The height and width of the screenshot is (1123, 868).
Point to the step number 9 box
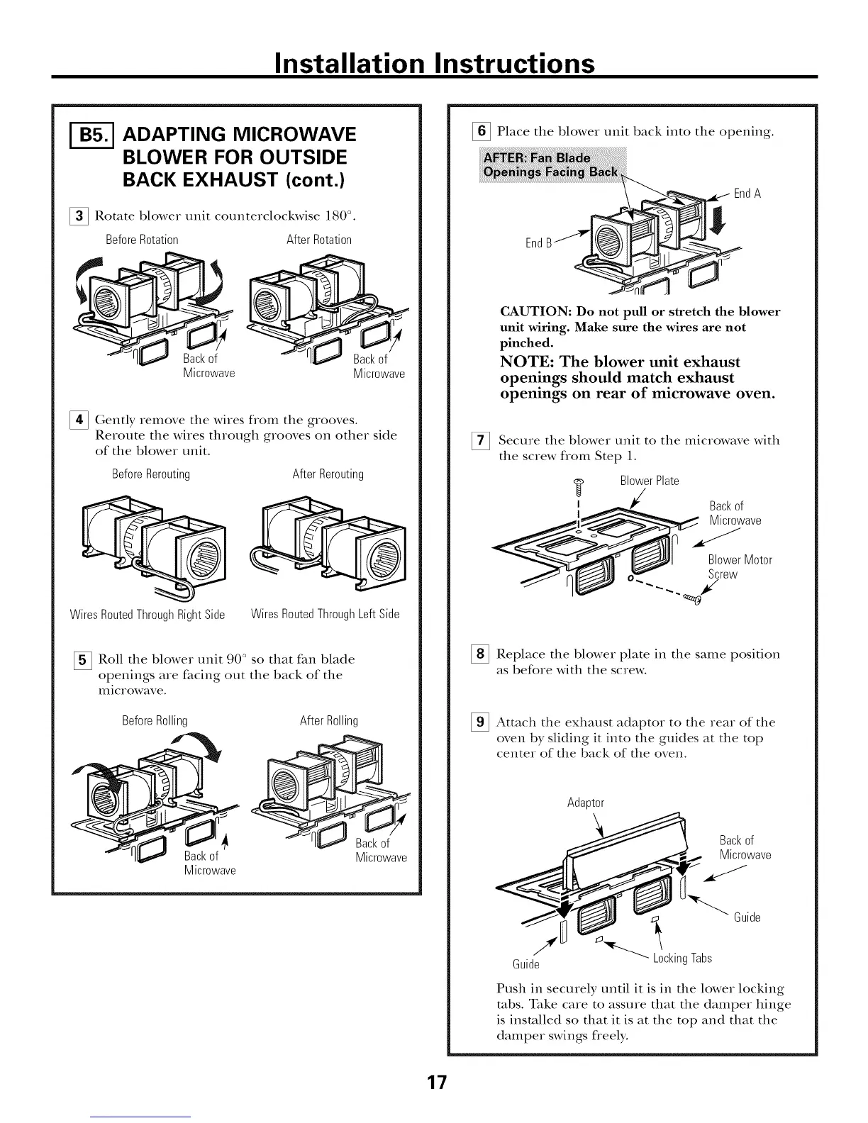[x=482, y=722]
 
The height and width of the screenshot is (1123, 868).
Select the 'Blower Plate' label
[x=649, y=481]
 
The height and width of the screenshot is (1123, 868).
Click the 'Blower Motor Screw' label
[x=739, y=567]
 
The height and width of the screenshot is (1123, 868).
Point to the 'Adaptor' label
[x=585, y=803]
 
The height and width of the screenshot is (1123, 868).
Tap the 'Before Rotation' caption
[x=142, y=240]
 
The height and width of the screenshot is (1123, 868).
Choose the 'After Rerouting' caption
[x=328, y=474]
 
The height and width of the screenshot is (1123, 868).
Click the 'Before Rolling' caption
[x=155, y=720]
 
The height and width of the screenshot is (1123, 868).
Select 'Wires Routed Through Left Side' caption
[x=325, y=614]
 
